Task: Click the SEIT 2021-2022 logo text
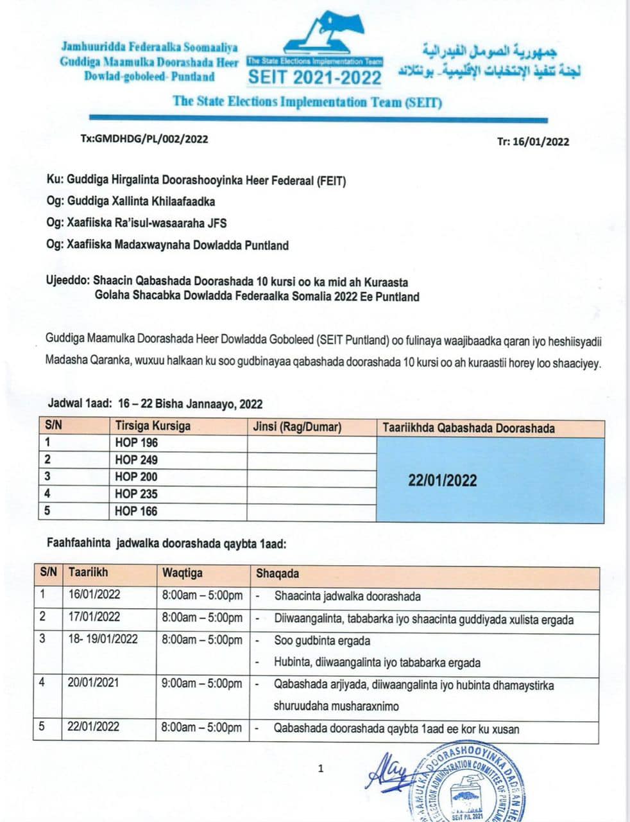(x=314, y=77)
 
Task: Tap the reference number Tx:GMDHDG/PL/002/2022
(x=144, y=139)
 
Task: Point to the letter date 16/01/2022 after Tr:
(x=541, y=142)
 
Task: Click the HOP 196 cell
(x=136, y=442)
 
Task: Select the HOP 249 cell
(x=136, y=460)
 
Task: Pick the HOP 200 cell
(x=136, y=477)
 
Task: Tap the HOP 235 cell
(x=136, y=494)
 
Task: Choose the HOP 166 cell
(x=136, y=511)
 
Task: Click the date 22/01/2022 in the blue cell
(x=442, y=480)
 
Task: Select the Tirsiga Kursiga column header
(x=153, y=426)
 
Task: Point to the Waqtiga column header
(x=182, y=573)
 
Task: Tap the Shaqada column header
(x=277, y=573)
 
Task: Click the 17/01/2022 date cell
(x=94, y=616)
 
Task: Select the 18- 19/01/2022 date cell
(x=103, y=639)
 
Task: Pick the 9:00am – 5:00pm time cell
(x=202, y=683)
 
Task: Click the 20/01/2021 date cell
(x=93, y=683)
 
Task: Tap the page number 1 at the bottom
(x=321, y=768)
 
